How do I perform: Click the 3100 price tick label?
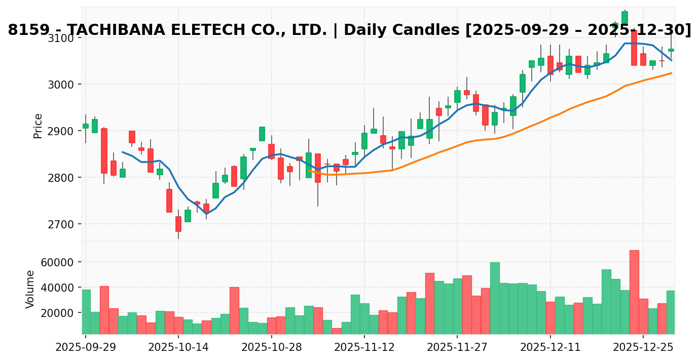point(61,38)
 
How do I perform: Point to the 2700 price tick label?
point(61,224)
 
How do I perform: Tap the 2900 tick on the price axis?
point(61,131)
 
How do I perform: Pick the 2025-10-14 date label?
point(178,348)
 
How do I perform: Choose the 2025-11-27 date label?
point(457,348)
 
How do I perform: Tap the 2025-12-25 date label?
point(643,348)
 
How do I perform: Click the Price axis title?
point(38,126)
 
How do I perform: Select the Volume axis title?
point(30,289)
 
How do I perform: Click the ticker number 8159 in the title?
point(25,30)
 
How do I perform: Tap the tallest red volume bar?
point(634,292)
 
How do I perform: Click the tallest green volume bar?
point(495,298)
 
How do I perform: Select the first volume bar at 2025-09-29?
point(86,312)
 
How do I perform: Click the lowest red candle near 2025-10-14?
point(178,224)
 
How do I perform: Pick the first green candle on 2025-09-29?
point(86,126)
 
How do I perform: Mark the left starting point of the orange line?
point(309,171)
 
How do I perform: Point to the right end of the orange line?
point(671,73)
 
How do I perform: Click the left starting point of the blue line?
point(123,152)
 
